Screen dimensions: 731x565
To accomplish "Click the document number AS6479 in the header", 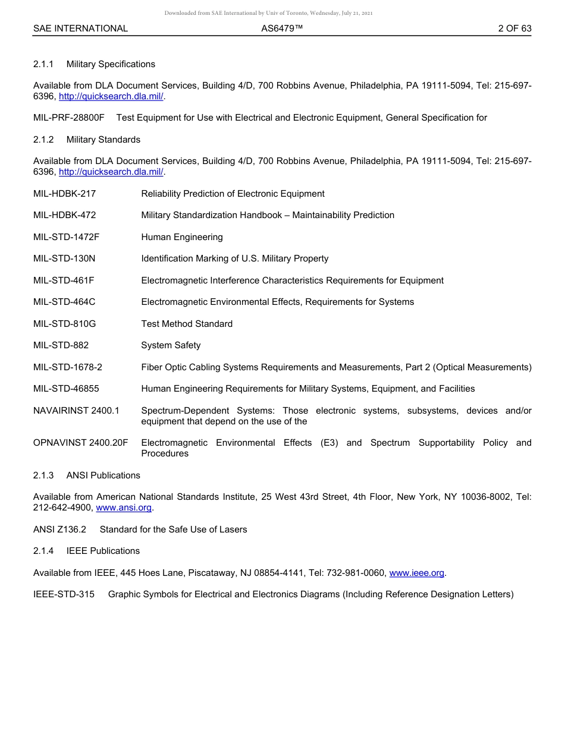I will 282,29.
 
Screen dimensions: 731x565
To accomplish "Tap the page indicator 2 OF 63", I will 514,29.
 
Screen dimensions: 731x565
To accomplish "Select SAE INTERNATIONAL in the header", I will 80,29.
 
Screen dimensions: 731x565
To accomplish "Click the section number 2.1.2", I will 43,140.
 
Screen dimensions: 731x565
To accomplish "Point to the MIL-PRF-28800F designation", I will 69,118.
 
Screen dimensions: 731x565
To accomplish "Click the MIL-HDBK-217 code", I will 64,194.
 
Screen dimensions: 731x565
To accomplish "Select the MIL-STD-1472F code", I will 66,237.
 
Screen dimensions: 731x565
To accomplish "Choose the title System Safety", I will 171,345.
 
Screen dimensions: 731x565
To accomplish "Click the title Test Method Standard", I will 187,324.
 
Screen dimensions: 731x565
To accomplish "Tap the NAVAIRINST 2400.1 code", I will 76,411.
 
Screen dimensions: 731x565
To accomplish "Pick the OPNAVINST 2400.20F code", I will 80,443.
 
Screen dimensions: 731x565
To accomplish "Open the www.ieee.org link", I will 416,573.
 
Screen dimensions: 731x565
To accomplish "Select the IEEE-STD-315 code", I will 64,594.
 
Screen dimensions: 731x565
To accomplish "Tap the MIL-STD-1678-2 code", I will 68,367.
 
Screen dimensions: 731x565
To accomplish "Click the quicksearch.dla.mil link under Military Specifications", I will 111,96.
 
